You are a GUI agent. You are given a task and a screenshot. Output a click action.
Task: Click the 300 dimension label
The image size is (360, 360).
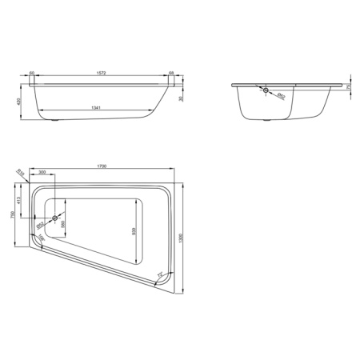(42, 173)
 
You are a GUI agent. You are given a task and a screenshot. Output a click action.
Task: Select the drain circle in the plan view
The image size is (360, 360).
(54, 217)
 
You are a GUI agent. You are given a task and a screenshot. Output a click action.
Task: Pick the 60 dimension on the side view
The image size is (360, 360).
(32, 72)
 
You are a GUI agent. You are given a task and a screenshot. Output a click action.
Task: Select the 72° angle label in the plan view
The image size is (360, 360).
(159, 274)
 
